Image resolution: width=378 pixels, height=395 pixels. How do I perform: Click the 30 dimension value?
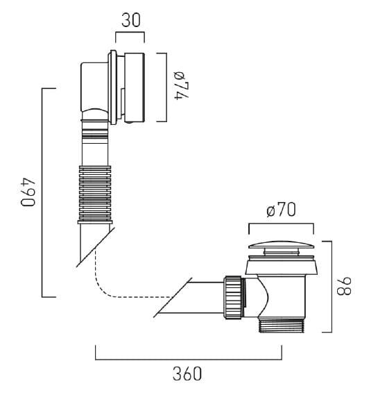(131, 20)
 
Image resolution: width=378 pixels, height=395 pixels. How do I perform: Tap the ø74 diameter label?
(182, 85)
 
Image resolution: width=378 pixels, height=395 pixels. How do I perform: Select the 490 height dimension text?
(28, 192)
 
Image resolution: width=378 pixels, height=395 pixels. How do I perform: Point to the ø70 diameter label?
(281, 210)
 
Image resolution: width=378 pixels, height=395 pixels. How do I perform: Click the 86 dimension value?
(344, 287)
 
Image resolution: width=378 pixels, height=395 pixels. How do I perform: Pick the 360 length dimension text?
(187, 374)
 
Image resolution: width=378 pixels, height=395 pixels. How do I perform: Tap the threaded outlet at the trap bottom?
(282, 325)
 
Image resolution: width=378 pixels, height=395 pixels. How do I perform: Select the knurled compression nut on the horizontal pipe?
(233, 298)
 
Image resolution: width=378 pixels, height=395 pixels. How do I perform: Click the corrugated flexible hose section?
(95, 193)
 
